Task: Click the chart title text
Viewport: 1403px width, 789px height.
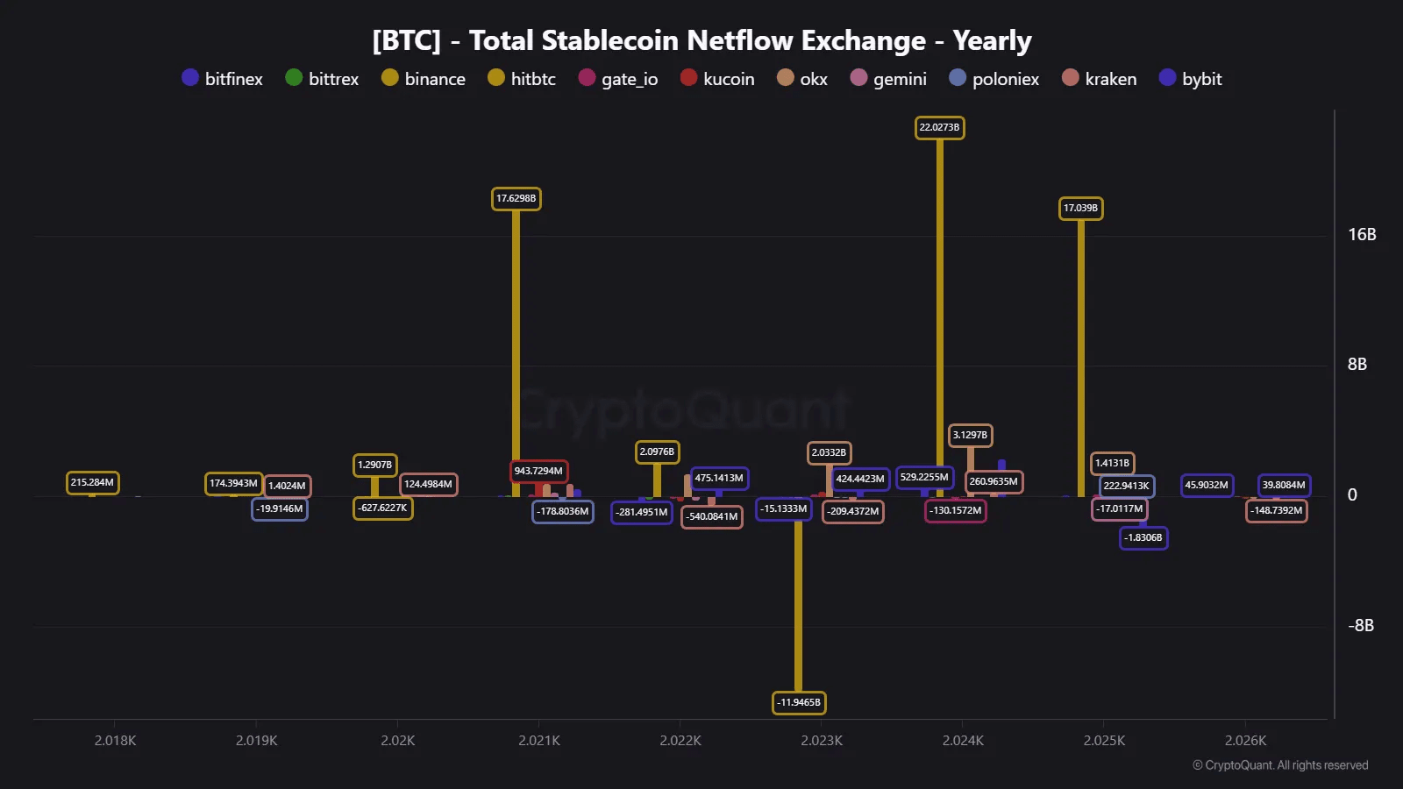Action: [701, 40]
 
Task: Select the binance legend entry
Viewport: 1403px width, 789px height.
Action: [424, 79]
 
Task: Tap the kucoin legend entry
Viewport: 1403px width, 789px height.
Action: [717, 79]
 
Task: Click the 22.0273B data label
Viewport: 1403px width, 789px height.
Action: [939, 128]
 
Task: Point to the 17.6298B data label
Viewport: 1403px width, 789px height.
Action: [516, 199]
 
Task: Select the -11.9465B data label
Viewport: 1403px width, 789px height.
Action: [799, 703]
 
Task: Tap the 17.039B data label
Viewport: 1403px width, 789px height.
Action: [1080, 209]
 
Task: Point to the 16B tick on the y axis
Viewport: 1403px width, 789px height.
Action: [1362, 235]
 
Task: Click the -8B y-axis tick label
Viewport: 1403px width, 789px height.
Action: [1361, 626]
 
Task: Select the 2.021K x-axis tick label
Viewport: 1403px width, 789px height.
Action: [539, 741]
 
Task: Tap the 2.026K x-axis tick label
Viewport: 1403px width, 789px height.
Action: [1245, 741]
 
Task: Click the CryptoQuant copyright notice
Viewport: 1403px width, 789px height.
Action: [1280, 765]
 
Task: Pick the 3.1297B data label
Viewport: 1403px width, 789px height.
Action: [970, 436]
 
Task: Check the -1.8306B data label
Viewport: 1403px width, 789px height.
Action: [1143, 538]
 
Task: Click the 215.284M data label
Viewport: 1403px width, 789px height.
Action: [92, 483]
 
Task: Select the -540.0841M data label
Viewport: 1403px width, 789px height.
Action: [711, 517]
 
